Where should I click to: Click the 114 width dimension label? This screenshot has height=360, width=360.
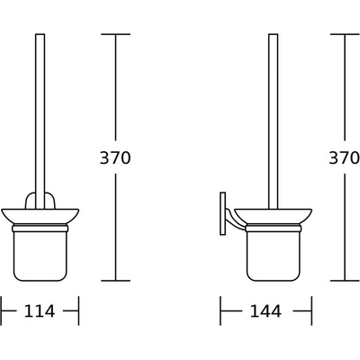[x=40, y=311]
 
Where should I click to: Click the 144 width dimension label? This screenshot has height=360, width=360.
[x=265, y=311]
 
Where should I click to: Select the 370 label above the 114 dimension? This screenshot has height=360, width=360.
[x=116, y=157]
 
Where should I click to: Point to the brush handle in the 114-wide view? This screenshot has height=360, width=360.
[x=40, y=108]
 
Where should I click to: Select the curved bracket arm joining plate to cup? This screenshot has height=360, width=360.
[x=231, y=216]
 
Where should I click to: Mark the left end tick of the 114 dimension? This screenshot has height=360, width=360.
[x=2, y=311]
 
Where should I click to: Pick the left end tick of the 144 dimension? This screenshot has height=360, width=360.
[x=221, y=311]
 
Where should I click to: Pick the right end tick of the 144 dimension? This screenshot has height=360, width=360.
[x=310, y=311]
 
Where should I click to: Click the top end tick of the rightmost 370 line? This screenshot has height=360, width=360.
[x=346, y=33]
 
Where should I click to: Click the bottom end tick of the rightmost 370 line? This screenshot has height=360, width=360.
[x=346, y=280]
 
